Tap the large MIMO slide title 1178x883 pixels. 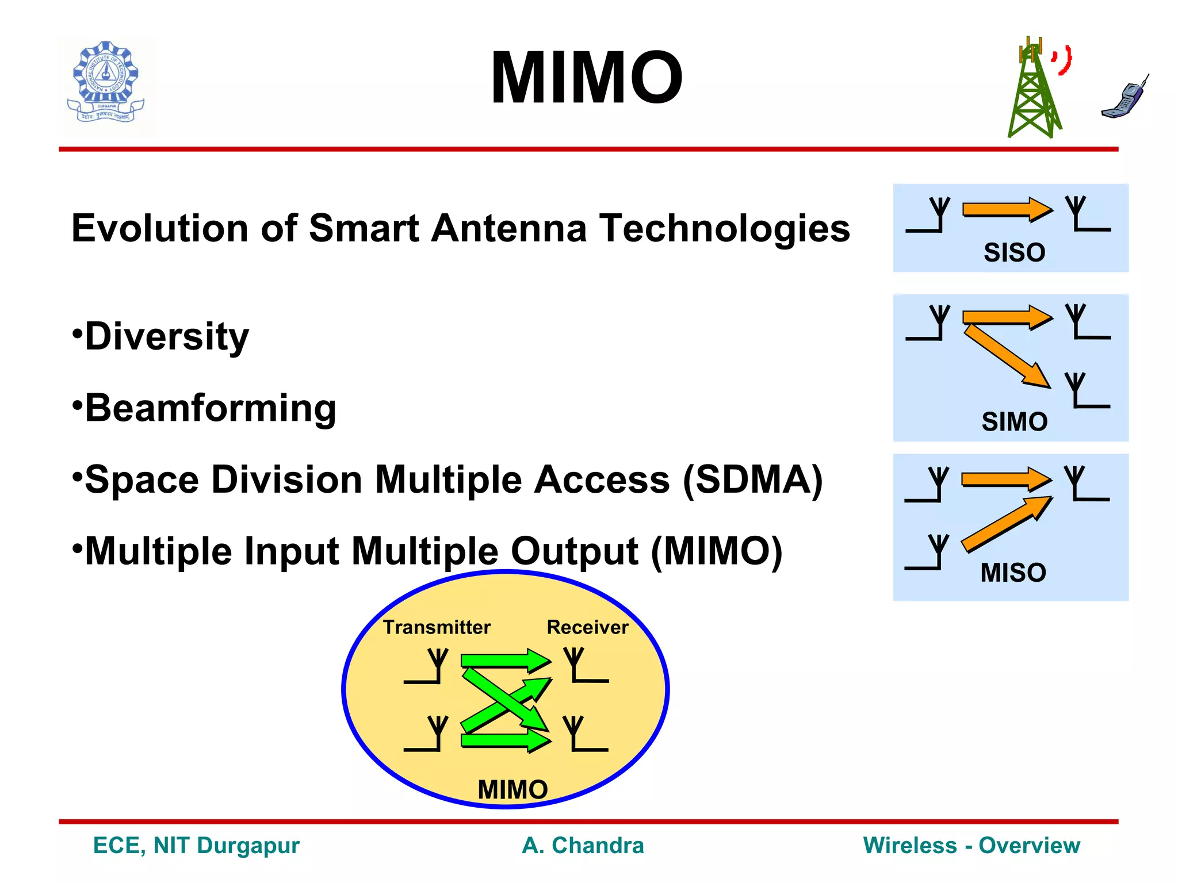[x=586, y=78]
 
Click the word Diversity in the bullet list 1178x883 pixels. [x=167, y=336]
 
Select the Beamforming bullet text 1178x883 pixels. [x=211, y=408]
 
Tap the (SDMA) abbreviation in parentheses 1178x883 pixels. [x=753, y=479]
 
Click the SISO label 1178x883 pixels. [x=1014, y=252]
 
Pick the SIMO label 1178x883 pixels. [x=1014, y=421]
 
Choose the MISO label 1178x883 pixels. [x=1013, y=573]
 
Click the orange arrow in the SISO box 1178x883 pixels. [x=1007, y=209]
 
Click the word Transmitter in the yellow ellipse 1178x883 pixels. [x=437, y=627]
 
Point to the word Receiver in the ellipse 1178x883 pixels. [x=587, y=627]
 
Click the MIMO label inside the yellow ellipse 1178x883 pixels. [x=512, y=789]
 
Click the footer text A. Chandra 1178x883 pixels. [x=583, y=846]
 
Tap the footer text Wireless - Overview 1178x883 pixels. [x=972, y=846]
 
